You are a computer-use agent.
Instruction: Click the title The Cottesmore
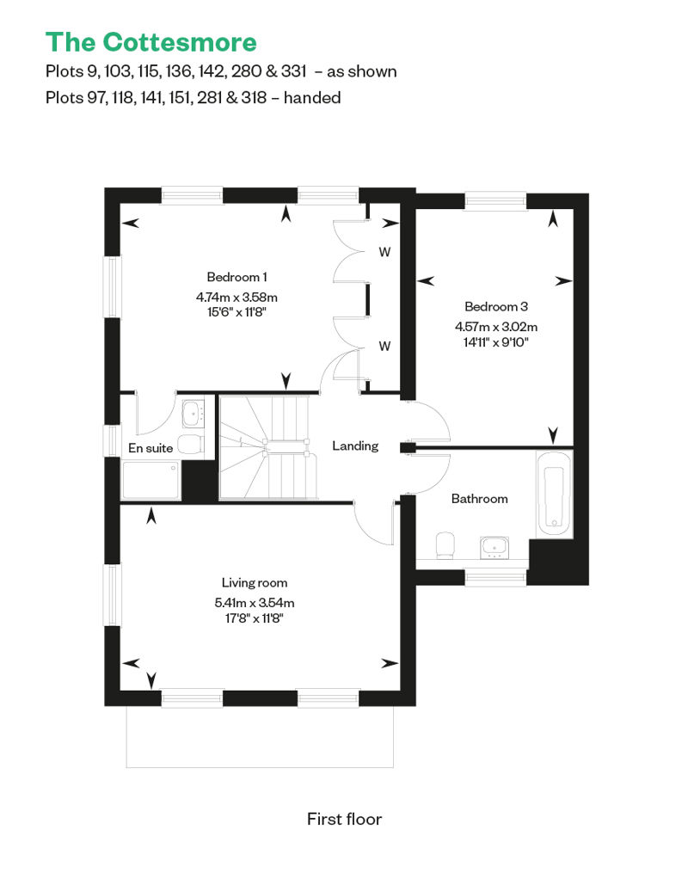pos(151,42)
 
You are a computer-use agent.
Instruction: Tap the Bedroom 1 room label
pos(236,277)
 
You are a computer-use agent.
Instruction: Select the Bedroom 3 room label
pos(496,307)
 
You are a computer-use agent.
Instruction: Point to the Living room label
pos(255,583)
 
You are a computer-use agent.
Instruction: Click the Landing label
pos(355,446)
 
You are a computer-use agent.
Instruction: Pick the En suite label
pos(150,448)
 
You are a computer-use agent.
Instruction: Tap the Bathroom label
pos(480,499)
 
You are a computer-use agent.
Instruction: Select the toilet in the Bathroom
pos(445,545)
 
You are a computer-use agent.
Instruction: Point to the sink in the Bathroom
pos(494,548)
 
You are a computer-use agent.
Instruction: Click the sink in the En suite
pos(193,414)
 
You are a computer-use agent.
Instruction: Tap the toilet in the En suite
pos(190,445)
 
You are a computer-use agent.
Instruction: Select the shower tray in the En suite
pos(150,480)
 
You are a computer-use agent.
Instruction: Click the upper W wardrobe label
pos(384,252)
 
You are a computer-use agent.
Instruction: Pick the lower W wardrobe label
pos(384,346)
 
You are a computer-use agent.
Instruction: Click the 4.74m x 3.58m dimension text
pos(236,298)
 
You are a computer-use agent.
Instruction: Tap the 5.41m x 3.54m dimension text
pos(255,603)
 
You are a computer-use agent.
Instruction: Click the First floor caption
pos(344,819)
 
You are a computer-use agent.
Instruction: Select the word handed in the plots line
pos(312,98)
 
